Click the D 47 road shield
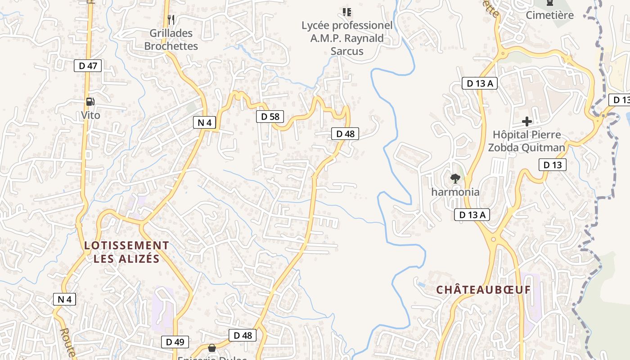88,66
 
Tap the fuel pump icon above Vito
90,102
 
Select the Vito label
90,115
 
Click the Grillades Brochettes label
171,40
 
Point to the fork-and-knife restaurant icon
171,19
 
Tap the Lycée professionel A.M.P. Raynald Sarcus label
347,38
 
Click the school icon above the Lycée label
346,12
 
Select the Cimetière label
550,15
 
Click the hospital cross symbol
527,121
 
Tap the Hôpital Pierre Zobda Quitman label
526,141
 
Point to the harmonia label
455,192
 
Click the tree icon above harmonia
455,178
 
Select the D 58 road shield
270,117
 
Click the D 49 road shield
175,342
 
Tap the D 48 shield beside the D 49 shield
243,335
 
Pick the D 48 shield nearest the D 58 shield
345,134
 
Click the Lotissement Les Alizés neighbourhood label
127,252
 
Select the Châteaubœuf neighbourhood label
484,290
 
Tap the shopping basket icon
211,348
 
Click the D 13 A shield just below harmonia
472,215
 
